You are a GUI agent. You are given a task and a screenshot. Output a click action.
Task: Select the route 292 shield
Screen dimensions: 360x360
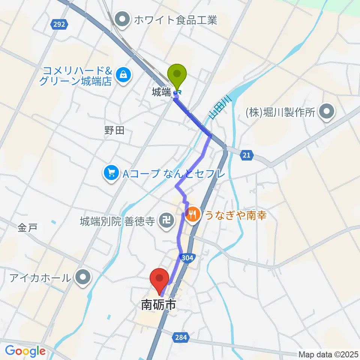click(x=58, y=24)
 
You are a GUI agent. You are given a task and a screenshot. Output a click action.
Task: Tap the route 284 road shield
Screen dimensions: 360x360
click(x=180, y=338)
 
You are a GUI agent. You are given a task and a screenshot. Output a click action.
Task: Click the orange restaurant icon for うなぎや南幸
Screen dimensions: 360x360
click(x=193, y=214)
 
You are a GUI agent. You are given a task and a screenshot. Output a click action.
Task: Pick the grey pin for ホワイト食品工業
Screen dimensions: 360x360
click(x=122, y=19)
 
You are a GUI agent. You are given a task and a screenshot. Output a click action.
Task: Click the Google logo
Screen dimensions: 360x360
click(x=25, y=351)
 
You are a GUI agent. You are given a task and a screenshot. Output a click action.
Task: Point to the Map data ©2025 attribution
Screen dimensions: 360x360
click(x=328, y=354)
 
